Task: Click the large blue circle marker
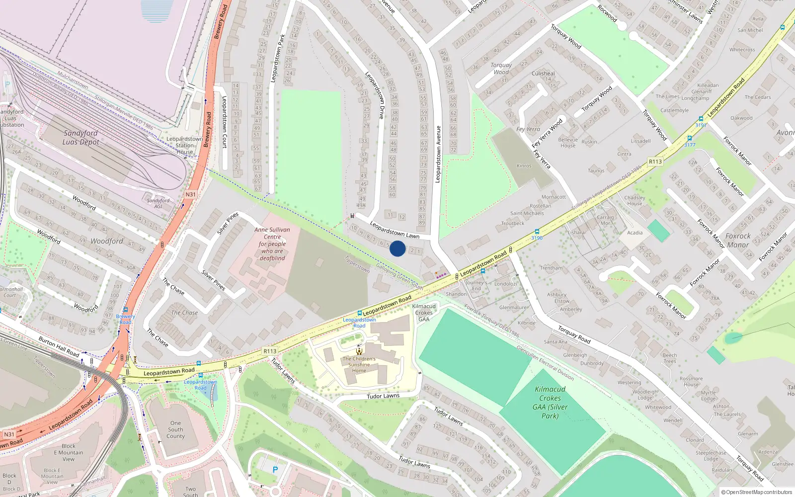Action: (x=397, y=248)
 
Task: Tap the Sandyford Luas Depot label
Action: (x=80, y=138)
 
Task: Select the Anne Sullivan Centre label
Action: (x=272, y=244)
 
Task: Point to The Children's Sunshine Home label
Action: (x=359, y=364)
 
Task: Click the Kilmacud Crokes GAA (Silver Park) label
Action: (x=550, y=403)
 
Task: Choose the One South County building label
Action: (x=175, y=429)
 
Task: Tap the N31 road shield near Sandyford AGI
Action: (x=190, y=194)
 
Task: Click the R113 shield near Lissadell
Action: (x=655, y=162)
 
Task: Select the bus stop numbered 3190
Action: (x=537, y=232)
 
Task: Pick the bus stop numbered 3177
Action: (x=690, y=139)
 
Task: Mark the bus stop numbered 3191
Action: (x=701, y=119)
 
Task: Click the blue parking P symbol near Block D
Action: (x=275, y=469)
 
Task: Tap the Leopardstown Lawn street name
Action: (x=395, y=230)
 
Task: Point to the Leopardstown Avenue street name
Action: (x=438, y=154)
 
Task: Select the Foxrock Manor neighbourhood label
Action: (x=738, y=241)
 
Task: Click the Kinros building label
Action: (x=524, y=166)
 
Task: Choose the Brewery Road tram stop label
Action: (x=125, y=319)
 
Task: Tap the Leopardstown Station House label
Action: (x=184, y=146)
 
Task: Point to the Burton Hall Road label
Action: (x=59, y=346)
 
